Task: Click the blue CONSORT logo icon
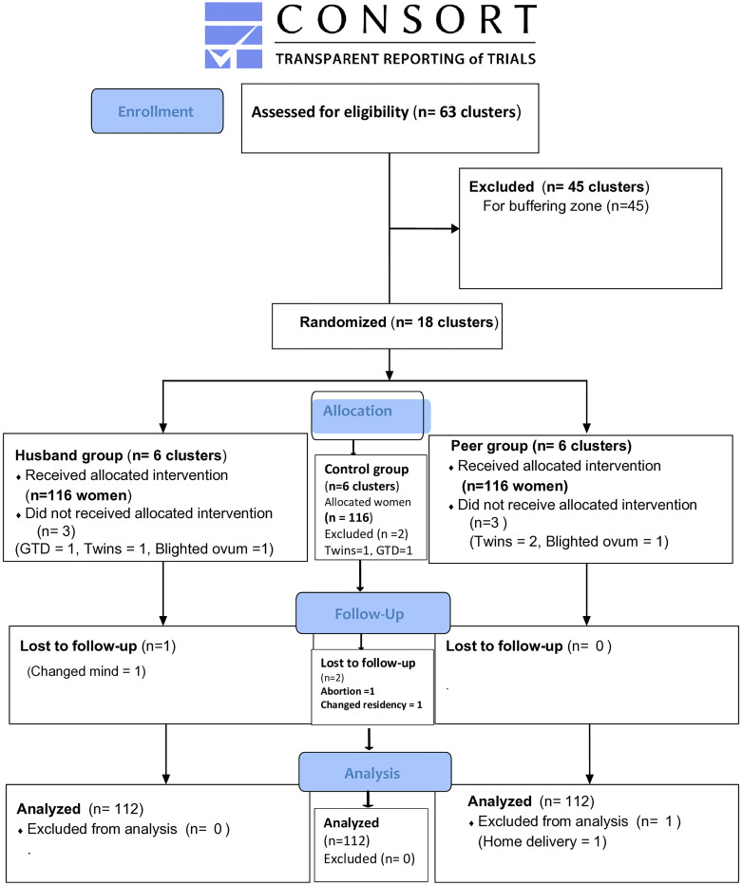pos(233,35)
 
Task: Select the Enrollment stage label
pos(157,111)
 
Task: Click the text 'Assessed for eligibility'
pos(330,112)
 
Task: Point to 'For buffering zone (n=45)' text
pos(566,206)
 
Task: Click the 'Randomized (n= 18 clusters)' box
pos(387,327)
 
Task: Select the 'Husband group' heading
pos(69,455)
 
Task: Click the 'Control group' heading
pos(367,469)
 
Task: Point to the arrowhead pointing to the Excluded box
pos(454,229)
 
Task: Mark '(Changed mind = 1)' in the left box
pos(86,671)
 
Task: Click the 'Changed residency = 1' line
pos(371,704)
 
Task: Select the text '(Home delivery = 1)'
pos(542,842)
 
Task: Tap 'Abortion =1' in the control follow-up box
pos(348,691)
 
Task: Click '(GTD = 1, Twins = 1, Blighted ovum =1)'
pos(144,549)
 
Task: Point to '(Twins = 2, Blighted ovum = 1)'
pos(569,541)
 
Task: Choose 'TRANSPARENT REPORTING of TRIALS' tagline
pos(406,59)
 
